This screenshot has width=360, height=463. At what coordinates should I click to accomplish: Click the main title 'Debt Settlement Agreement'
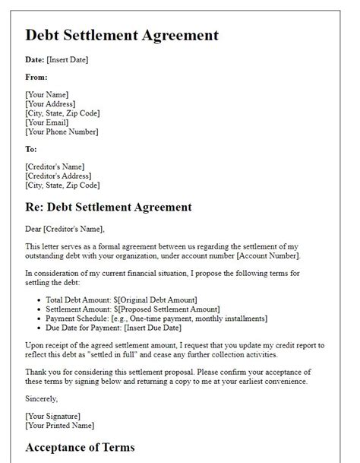tap(122, 35)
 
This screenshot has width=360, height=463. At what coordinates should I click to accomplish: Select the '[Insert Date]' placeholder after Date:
tap(68, 59)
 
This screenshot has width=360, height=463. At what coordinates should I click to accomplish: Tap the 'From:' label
tap(36, 77)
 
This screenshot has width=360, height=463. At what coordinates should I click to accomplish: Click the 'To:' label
tap(32, 149)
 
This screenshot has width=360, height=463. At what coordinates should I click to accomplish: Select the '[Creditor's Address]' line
tap(62, 176)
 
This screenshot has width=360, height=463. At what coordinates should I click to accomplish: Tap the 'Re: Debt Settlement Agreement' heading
tap(118, 206)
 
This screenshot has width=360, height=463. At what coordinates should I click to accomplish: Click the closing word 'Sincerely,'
tap(42, 397)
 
